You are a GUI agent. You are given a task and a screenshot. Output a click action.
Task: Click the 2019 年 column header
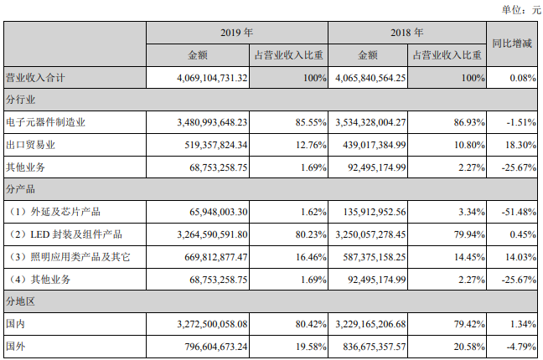tap(236, 33)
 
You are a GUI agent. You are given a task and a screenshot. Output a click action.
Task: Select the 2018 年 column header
tap(407, 33)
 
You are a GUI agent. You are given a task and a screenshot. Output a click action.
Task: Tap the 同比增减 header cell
tap(512, 44)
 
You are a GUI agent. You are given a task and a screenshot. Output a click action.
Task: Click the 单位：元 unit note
tap(521, 10)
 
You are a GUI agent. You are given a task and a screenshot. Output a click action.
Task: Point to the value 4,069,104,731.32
tap(212, 78)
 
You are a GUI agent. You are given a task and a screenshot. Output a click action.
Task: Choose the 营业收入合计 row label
tap(35, 78)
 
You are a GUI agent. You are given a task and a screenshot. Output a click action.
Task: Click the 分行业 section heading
tap(20, 100)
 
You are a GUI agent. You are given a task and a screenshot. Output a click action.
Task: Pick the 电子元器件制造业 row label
tap(45, 122)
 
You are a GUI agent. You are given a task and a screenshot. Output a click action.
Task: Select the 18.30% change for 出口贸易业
tap(520, 145)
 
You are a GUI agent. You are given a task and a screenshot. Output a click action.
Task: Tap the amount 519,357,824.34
tap(216, 145)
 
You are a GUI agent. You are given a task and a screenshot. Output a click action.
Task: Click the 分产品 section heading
tap(20, 189)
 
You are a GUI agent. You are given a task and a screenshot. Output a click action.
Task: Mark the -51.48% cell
tap(519, 212)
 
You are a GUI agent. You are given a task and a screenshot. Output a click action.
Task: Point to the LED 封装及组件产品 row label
tap(76, 234)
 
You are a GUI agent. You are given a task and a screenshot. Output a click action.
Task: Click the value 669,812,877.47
tap(216, 257)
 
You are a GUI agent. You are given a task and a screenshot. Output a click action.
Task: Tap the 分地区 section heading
tap(20, 301)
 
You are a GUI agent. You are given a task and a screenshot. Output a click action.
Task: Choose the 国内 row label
tap(16, 324)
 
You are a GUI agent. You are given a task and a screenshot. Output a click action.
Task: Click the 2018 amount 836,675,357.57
tap(375, 347)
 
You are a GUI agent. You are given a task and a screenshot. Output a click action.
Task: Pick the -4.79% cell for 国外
tap(521, 347)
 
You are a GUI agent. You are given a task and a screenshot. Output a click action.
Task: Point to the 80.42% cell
tap(311, 324)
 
